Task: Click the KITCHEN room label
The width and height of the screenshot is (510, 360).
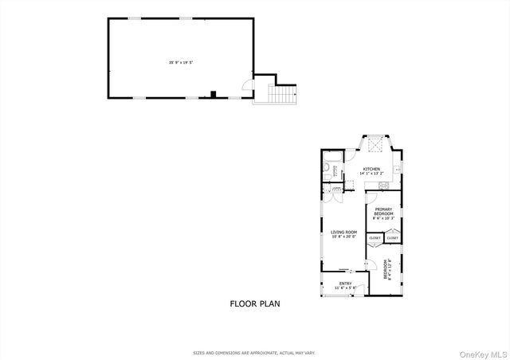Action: pos(371,169)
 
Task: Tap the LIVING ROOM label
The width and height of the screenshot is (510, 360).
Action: pos(344,232)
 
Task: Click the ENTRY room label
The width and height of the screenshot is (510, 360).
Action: pos(345,283)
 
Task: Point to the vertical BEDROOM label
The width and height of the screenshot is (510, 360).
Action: pos(386,268)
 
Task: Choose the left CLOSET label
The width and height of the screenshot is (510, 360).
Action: pos(375,238)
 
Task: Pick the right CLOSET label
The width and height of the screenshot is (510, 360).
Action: pos(393,238)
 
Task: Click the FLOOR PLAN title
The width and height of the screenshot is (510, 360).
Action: pos(255,303)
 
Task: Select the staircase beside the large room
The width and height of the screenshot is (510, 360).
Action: pos(283,95)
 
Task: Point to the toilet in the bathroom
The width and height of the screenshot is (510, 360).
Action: pos(327,169)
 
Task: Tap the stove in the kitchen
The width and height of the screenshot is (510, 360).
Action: pos(385,186)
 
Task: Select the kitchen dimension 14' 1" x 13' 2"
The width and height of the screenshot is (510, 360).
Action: pos(371,174)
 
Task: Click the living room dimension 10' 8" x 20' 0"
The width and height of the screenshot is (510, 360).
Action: pos(344,237)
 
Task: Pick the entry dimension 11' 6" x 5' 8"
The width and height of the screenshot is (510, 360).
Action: pos(345,288)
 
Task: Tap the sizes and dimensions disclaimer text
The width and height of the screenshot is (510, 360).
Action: pos(255,351)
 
